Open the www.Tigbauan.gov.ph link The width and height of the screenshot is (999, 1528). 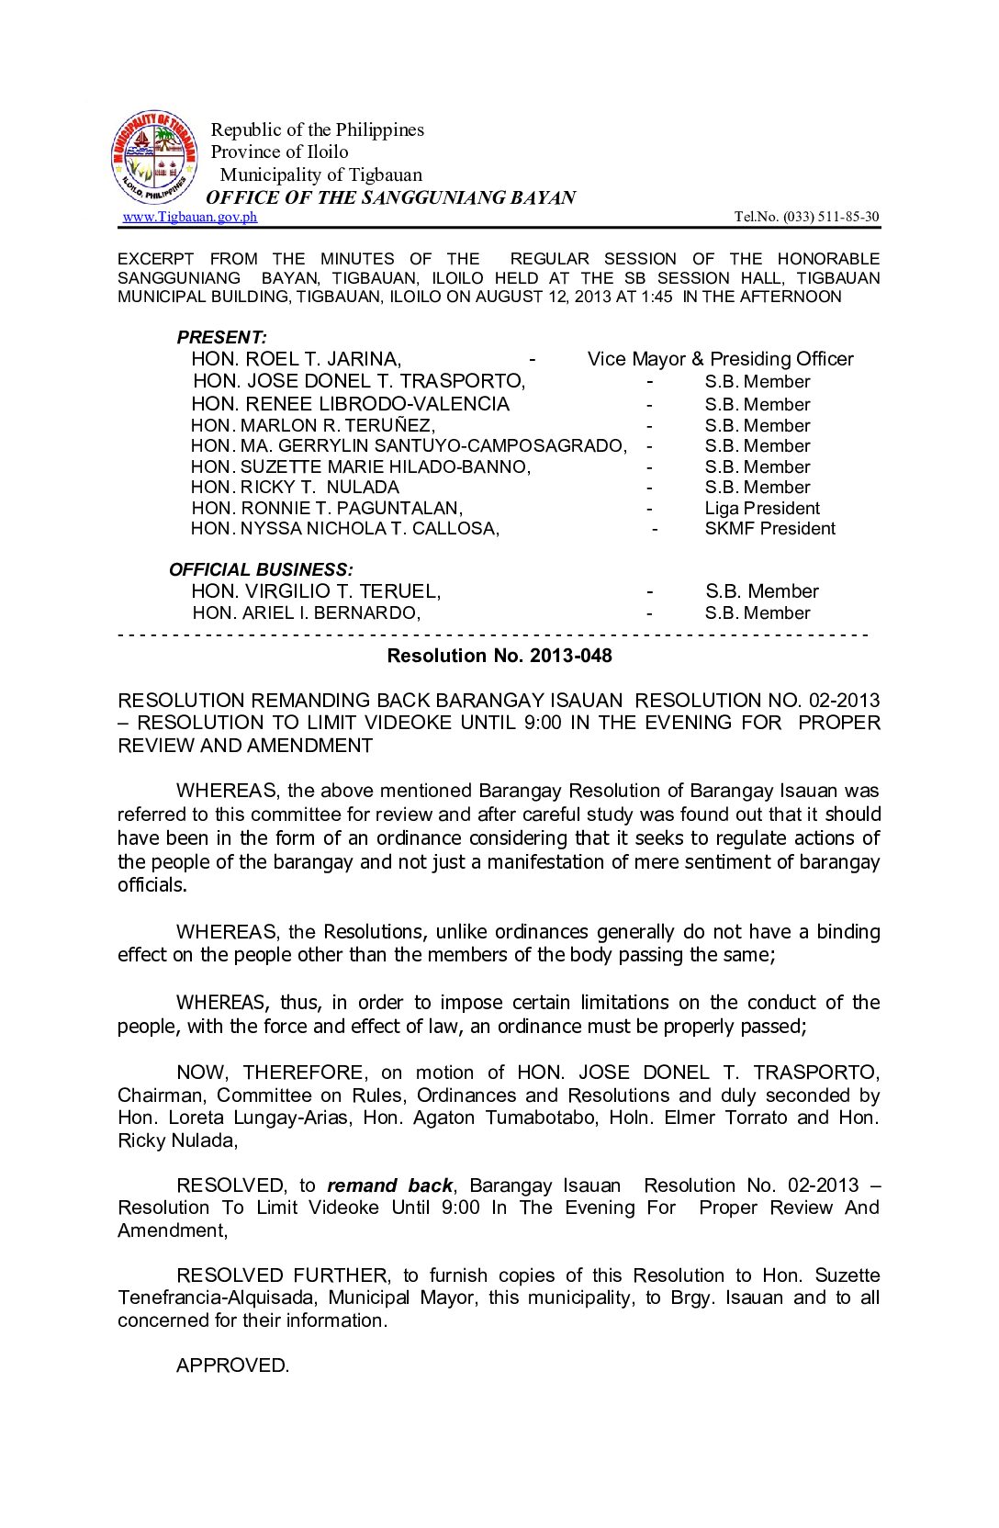click(190, 217)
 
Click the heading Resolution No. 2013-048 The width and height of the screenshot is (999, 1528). click(499, 656)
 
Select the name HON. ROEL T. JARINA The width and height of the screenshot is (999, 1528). click(296, 359)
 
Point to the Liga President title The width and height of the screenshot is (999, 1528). click(762, 509)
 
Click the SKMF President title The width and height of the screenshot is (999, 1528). click(769, 529)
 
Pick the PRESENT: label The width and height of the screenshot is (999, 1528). click(221, 337)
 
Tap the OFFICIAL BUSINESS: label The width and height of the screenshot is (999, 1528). click(261, 569)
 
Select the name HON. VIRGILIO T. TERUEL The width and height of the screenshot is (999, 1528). click(316, 591)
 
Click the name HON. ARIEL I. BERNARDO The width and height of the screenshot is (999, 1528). click(306, 613)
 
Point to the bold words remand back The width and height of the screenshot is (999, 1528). click(389, 1185)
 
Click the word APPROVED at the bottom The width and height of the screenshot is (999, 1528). click(232, 1365)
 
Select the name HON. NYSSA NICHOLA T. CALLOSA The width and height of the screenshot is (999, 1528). click(345, 529)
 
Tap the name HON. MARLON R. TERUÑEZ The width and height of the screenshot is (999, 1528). click(313, 426)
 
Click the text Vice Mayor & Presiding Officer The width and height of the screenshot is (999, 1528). click(720, 359)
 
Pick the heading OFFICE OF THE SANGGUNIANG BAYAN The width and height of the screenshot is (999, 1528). click(390, 197)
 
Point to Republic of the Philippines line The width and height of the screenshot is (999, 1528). click(318, 129)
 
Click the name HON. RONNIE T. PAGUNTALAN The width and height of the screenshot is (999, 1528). click(327, 509)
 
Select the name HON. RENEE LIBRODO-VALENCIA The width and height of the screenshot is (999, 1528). click(350, 404)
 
